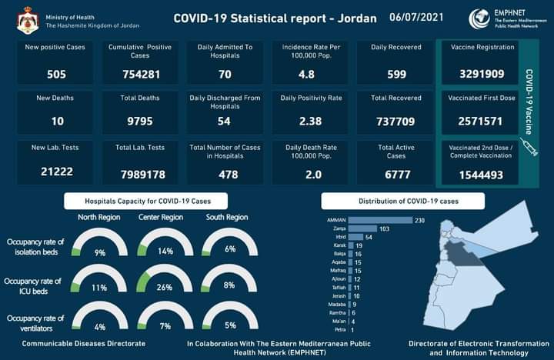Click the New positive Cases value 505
(x=55, y=75)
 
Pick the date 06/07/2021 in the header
(x=416, y=16)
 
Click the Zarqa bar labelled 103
(x=362, y=229)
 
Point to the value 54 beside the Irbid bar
(x=369, y=237)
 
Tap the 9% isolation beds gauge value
(x=99, y=252)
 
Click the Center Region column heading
(x=161, y=218)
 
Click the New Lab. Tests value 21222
(x=55, y=172)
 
